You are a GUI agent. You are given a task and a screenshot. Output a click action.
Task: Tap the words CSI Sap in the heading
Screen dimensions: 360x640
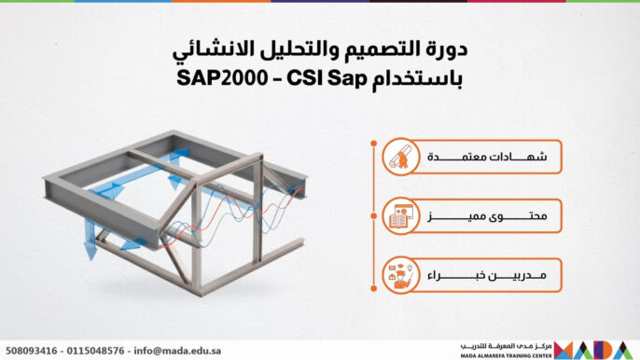pos(313,76)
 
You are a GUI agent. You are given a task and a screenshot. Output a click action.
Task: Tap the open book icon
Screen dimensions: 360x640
pos(398,218)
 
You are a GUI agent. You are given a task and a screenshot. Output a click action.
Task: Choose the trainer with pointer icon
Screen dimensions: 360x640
pos(398,277)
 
